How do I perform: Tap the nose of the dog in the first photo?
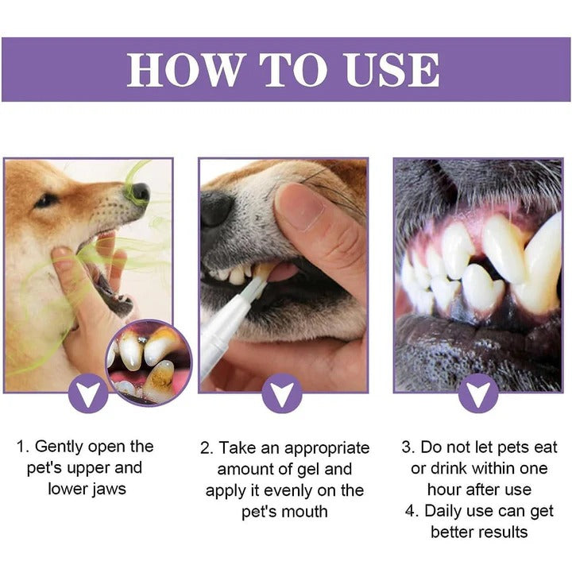(x=140, y=192)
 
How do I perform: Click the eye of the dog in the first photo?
(x=44, y=199)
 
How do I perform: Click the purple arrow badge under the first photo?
(x=88, y=393)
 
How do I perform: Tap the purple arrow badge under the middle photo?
(x=283, y=393)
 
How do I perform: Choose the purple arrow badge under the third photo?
(x=478, y=393)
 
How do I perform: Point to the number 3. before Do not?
(x=409, y=447)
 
